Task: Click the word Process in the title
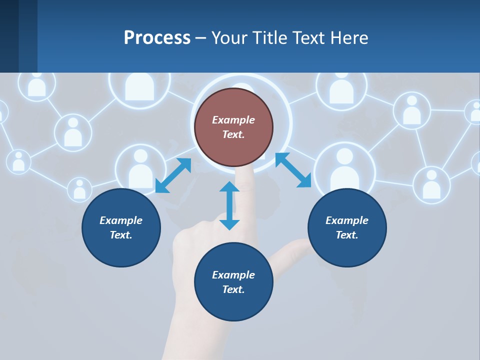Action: pyautogui.click(x=157, y=38)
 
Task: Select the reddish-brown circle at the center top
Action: pyautogui.click(x=233, y=127)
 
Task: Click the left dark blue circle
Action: pyautogui.click(x=121, y=227)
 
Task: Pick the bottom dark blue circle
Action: pyautogui.click(x=233, y=282)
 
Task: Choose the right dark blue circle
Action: pyautogui.click(x=347, y=227)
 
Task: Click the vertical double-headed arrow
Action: pyautogui.click(x=229, y=205)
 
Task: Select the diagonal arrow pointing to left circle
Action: pyautogui.click(x=173, y=175)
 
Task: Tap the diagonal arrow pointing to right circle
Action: pyautogui.click(x=293, y=170)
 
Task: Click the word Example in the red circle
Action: pyautogui.click(x=233, y=120)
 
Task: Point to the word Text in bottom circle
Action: pyautogui.click(x=233, y=289)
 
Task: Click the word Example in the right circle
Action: pyautogui.click(x=347, y=220)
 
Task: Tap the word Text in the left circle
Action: pyautogui.click(x=121, y=235)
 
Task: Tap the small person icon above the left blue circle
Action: pyautogui.click(x=79, y=189)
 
